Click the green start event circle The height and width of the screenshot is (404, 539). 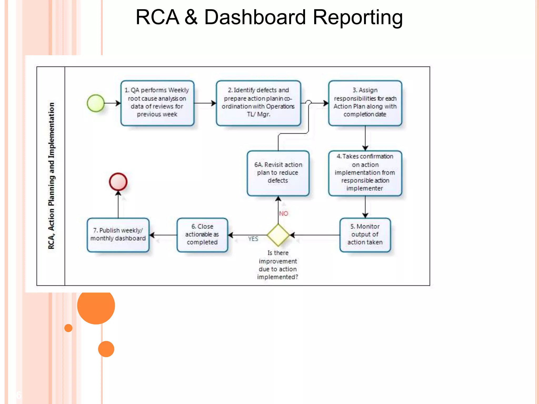pos(96,103)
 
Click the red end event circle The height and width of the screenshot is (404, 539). pos(118,182)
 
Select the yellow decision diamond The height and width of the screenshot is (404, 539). pos(278,235)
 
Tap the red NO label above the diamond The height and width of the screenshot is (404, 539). pos(283,214)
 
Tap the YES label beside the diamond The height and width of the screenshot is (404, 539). pos(253,239)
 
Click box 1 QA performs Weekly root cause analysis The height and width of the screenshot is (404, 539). pos(157,103)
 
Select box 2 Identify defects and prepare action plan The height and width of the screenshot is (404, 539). pos(258,103)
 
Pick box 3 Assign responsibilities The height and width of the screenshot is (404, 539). pos(365,103)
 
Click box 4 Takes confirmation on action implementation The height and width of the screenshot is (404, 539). pos(365,173)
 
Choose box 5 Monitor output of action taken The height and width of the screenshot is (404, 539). pos(365,235)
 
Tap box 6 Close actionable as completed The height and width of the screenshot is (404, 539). pos(202,235)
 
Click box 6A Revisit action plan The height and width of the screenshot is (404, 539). pos(278,173)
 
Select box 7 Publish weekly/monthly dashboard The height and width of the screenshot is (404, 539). pos(118,235)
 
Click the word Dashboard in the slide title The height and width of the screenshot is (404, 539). pos(254,17)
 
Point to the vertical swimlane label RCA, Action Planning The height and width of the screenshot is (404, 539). pos(51,176)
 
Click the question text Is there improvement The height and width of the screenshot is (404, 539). pos(278,265)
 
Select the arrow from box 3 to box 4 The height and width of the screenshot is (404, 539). pos(365,138)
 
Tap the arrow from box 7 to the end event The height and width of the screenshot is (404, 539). pos(118,205)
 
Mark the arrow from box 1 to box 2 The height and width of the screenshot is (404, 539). pos(205,103)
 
